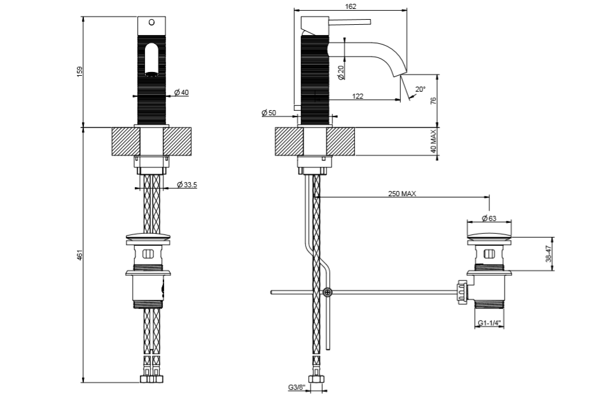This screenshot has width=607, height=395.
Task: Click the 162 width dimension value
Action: pos(351,6)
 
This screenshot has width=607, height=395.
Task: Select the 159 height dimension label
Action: pos(80,71)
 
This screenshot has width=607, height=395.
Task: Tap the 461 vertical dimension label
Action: pos(80,255)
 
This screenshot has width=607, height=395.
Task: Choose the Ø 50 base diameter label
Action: pos(269,113)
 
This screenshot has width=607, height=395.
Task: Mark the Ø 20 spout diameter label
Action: pos(342,72)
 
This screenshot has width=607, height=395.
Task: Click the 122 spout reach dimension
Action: pos(357,96)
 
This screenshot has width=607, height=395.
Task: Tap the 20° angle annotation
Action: pos(420,90)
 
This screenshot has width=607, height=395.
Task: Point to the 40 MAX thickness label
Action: pos(433,141)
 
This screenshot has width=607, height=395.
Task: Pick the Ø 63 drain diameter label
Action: pos(489,218)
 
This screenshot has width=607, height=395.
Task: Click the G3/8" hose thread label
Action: pos(297,387)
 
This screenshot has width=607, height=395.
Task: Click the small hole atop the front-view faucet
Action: pos(151,22)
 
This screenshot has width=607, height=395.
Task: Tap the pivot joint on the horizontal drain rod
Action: pos(327,292)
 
